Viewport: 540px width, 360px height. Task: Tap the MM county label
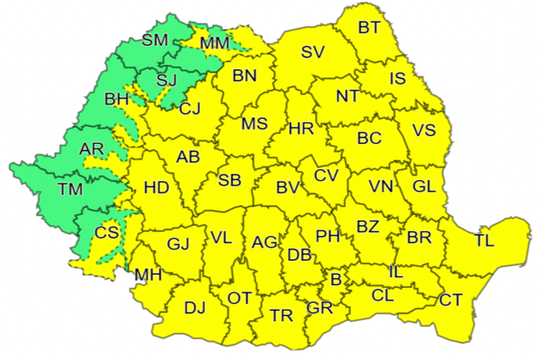tap(215, 42)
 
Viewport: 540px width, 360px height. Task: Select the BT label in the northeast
tap(369, 28)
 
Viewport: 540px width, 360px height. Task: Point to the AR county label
tap(92, 148)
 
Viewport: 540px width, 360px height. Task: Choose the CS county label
tap(107, 232)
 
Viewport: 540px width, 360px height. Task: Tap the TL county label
tap(484, 240)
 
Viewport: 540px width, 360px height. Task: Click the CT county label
tap(451, 300)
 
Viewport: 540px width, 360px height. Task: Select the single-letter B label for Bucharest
tap(336, 281)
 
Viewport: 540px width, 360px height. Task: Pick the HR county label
tap(301, 129)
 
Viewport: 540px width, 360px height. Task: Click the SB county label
tap(229, 181)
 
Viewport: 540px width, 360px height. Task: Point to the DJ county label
tap(194, 309)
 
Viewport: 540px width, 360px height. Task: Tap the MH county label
tap(147, 274)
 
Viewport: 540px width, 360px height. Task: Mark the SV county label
tap(312, 52)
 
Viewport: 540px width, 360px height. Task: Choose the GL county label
tap(424, 187)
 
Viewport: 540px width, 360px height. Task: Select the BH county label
tap(117, 99)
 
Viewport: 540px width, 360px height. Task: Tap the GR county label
tap(319, 308)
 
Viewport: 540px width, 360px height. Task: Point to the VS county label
tap(424, 130)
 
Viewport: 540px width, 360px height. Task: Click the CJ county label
tap(190, 110)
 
